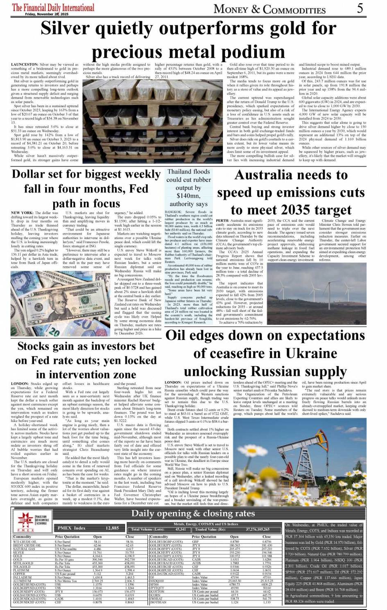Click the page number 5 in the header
(360, 8)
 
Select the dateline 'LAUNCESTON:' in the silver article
(25, 65)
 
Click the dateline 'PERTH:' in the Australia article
(223, 221)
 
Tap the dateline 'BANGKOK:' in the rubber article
(174, 212)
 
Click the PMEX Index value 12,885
(112, 528)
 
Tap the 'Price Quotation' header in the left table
(67, 536)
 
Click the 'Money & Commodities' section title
(269, 9)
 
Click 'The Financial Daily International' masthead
(53, 7)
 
